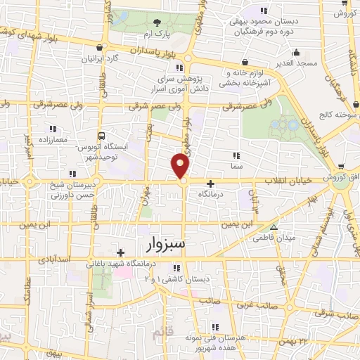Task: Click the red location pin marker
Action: [x=181, y=166]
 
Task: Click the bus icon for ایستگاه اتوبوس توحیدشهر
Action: [x=103, y=135]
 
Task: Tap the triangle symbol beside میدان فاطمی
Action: [x=274, y=228]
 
